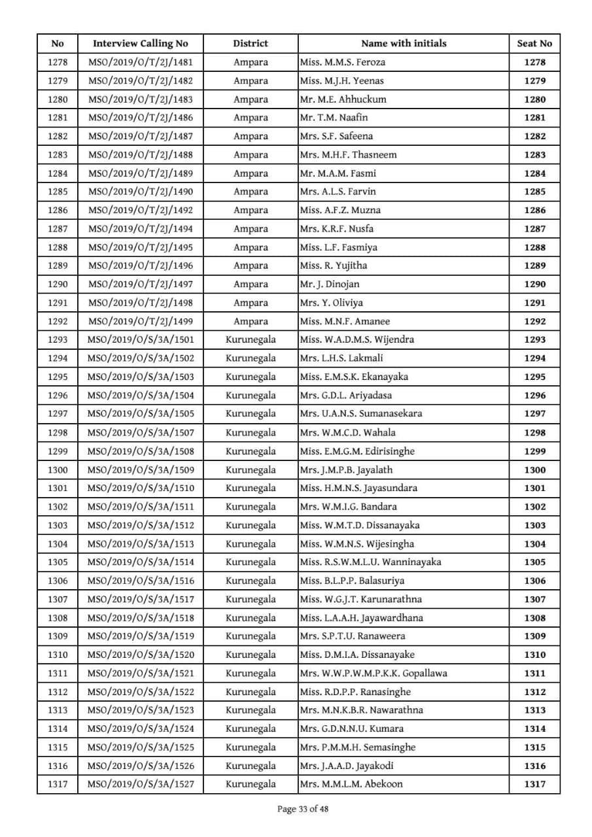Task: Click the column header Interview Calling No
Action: (140, 44)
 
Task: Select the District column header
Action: (251, 44)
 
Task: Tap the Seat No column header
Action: (534, 44)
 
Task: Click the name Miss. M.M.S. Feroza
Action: (342, 62)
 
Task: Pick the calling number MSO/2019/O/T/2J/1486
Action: (140, 118)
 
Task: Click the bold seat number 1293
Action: (534, 339)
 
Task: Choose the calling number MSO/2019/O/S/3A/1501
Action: (140, 339)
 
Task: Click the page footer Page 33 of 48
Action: (303, 809)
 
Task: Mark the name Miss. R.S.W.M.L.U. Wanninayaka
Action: (370, 562)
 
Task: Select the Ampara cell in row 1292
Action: (251, 321)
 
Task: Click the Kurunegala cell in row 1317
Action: (251, 784)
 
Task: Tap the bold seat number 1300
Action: (534, 470)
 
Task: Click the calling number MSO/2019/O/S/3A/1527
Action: (140, 784)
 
